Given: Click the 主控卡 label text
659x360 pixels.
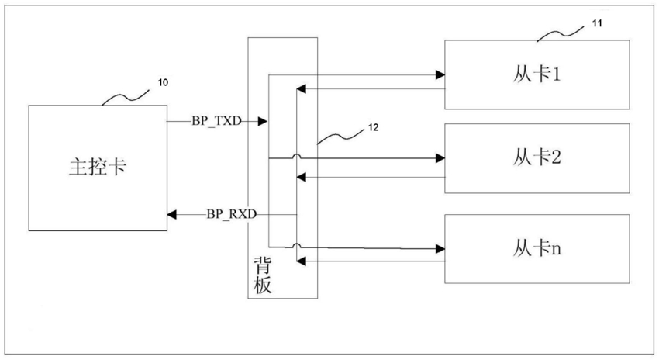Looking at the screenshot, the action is tap(98, 167).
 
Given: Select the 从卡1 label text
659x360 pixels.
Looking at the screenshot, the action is tap(537, 74).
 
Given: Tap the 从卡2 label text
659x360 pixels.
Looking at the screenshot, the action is tap(537, 157).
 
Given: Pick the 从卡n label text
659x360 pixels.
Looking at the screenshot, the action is tap(537, 248).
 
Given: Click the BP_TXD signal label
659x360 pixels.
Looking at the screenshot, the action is tap(216, 121).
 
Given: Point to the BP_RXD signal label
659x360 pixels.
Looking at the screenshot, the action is tap(231, 214).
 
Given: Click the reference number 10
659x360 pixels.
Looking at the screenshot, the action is tap(163, 82).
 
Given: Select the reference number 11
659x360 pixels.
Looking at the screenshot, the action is tap(597, 23).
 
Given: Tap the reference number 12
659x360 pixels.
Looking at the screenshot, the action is tap(373, 127).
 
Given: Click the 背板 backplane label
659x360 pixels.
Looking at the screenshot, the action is tap(262, 275).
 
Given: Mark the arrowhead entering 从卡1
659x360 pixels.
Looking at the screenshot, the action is tap(440, 75).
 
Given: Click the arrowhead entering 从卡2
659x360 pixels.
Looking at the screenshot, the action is tap(440, 158).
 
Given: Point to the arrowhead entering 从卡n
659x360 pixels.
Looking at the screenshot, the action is tap(440, 249).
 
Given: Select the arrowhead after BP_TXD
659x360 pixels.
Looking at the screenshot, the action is tap(262, 122).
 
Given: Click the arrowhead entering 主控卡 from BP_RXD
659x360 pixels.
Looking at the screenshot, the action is tap(172, 214).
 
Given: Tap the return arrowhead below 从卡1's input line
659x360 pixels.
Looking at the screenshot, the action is tap(301, 88).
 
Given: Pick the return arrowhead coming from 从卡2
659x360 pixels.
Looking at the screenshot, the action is tap(301, 178).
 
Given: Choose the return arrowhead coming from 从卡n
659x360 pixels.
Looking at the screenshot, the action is tap(301, 261).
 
